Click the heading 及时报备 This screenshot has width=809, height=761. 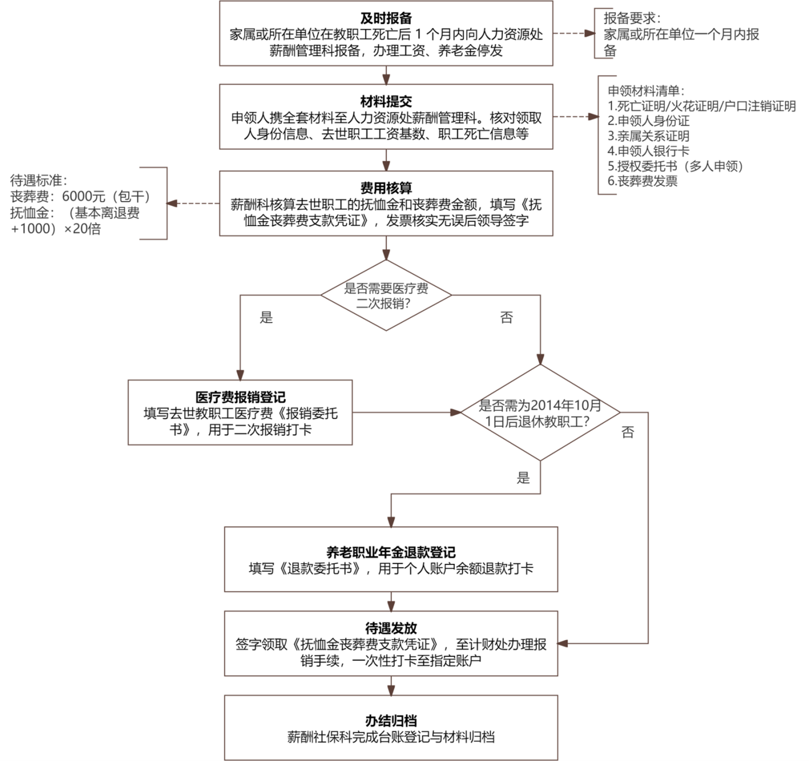386,18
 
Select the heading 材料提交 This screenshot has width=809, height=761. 386,101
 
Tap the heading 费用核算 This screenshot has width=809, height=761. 386,188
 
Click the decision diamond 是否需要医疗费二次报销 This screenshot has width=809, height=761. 386,295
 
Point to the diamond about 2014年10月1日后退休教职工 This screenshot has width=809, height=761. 540,413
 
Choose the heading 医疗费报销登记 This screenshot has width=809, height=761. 241,397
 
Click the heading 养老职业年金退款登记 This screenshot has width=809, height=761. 391,552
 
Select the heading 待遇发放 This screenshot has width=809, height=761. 391,628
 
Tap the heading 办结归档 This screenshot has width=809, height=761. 391,721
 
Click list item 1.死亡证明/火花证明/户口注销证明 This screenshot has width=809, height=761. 702,106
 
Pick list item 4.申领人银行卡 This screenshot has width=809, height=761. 648,151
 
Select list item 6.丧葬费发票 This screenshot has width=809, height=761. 642,181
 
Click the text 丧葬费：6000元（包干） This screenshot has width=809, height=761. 81,197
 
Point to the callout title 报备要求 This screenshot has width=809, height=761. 632,18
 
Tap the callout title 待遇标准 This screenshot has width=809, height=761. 39,180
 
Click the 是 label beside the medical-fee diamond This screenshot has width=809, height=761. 266,318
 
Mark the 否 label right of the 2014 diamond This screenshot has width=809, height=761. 628,432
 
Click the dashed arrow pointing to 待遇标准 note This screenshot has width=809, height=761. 193,203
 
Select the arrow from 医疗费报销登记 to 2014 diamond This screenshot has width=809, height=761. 407,412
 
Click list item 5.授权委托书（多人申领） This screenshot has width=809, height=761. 675,166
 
